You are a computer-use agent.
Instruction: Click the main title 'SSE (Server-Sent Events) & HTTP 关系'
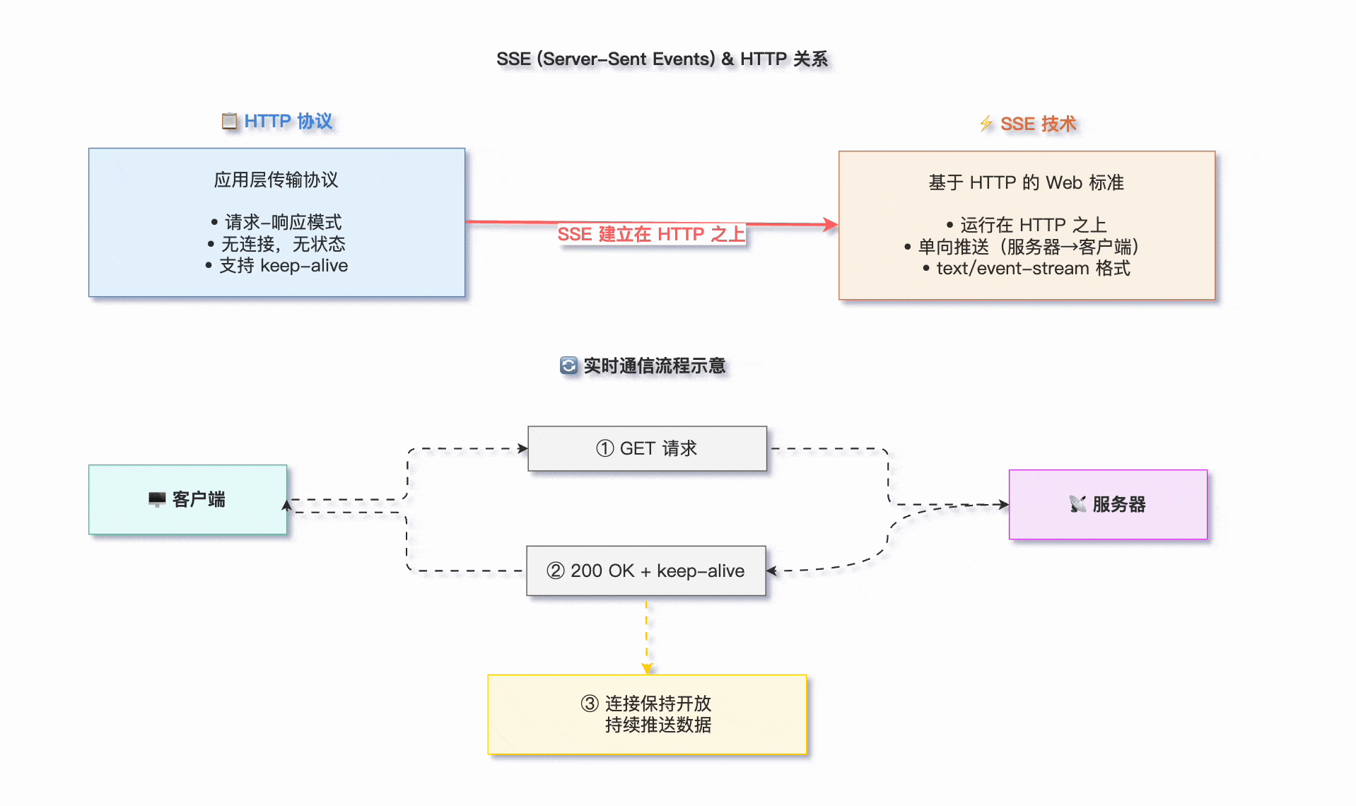[x=662, y=59]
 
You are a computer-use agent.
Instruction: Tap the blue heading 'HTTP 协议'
[x=288, y=121]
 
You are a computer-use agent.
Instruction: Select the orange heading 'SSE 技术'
[x=1038, y=124]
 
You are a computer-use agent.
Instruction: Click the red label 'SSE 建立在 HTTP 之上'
[x=651, y=234]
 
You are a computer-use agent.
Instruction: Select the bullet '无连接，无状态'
[x=283, y=244]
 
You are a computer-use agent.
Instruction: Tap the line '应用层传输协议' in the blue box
[x=276, y=180]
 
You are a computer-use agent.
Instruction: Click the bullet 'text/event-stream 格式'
[x=1032, y=269]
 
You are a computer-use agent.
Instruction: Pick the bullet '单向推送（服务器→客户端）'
[x=1028, y=247]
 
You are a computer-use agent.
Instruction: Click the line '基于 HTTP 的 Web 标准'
[x=1026, y=182]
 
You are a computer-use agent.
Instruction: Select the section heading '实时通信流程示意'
[x=654, y=366]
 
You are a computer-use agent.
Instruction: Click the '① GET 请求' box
[x=647, y=448]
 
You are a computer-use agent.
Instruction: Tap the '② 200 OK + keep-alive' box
[x=645, y=571]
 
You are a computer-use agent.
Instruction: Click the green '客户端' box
[x=187, y=499]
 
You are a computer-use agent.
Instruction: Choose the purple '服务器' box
[x=1107, y=504]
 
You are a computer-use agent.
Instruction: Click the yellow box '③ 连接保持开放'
[x=647, y=714]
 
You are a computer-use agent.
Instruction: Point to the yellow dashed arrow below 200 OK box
[x=646, y=636]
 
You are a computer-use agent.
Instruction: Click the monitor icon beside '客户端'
[x=157, y=500]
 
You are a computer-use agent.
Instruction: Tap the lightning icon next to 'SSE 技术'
[x=986, y=124]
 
